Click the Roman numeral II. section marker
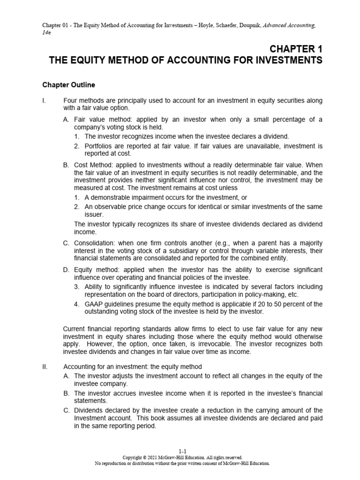pos(45,367)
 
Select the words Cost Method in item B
pos(91,165)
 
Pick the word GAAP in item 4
pos(94,304)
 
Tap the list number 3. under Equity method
pos(77,286)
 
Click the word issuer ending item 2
pos(94,214)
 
